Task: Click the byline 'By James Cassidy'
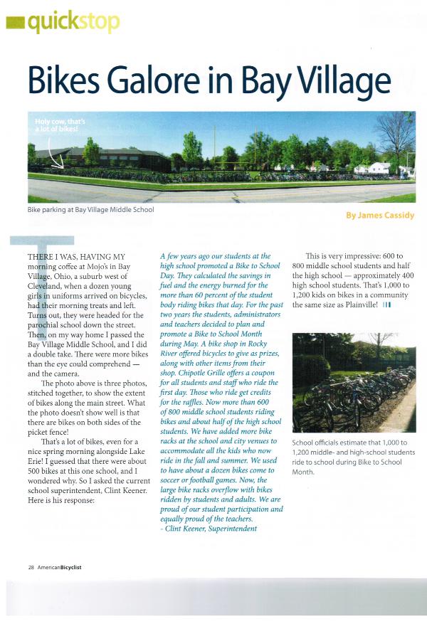coord(379,215)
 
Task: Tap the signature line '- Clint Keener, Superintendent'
coord(208,529)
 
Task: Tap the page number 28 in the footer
coord(31,567)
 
